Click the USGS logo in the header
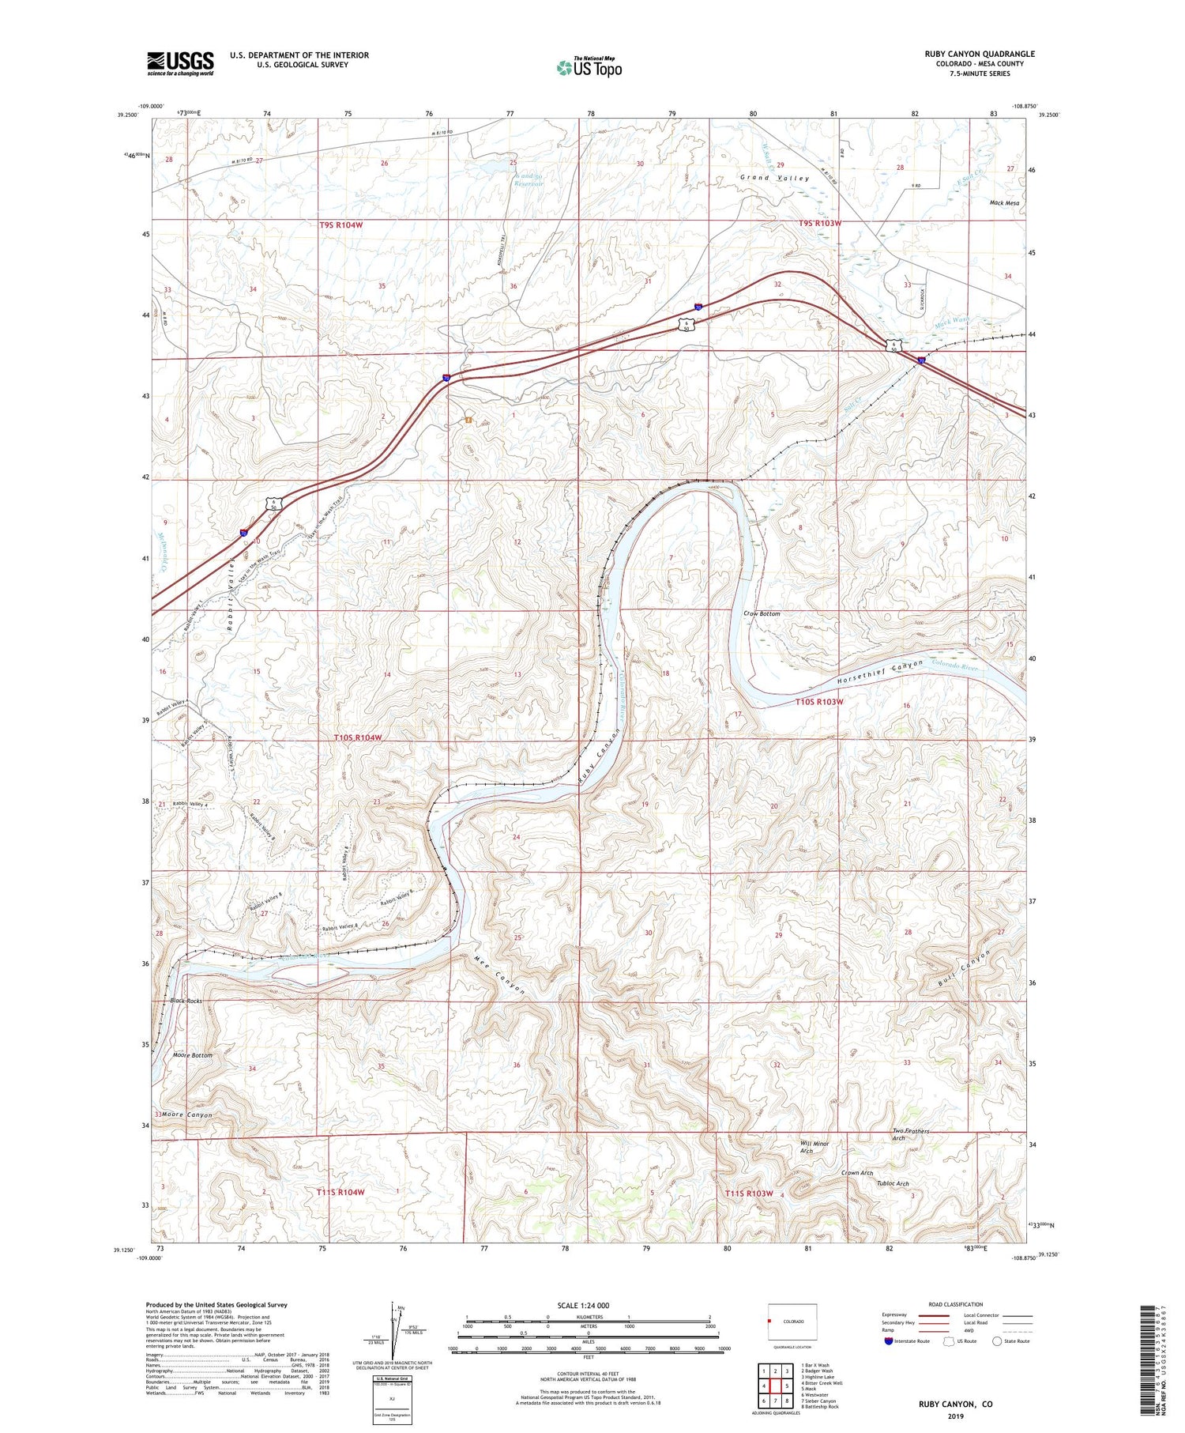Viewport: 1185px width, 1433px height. point(180,63)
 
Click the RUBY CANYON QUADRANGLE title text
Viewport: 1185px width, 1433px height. point(980,55)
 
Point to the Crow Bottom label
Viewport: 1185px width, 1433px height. point(762,613)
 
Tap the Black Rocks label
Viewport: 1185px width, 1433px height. point(186,1001)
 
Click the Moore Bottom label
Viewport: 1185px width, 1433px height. point(192,1055)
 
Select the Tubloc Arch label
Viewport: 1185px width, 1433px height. point(893,1183)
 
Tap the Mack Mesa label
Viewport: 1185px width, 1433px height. point(1004,203)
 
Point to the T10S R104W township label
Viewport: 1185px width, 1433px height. point(358,737)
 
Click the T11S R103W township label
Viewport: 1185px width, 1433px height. point(748,1193)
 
